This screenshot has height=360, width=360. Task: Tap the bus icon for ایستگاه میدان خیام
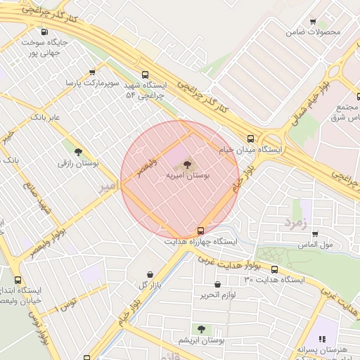pyautogui.click(x=251, y=139)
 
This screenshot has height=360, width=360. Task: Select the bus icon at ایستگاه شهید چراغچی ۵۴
pyautogui.click(x=145, y=75)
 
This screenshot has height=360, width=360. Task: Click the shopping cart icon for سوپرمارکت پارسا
pyautogui.click(x=93, y=72)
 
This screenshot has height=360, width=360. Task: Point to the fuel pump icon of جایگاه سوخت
pyautogui.click(x=45, y=32)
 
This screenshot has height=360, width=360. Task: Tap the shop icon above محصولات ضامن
pyautogui.click(x=313, y=22)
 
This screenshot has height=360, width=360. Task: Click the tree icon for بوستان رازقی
pyautogui.click(x=77, y=152)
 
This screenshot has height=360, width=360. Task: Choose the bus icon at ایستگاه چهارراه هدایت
pyautogui.click(x=201, y=230)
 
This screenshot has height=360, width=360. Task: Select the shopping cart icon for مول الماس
pyautogui.click(x=314, y=233)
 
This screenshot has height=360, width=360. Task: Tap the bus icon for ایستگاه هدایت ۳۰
pyautogui.click(x=274, y=269)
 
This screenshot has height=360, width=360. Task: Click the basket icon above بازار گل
pyautogui.click(x=150, y=274)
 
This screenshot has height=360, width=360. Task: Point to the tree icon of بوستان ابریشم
pyautogui.click(x=202, y=328)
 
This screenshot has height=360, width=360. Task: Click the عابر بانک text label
pyautogui.click(x=45, y=117)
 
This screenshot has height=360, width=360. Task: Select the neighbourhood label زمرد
pyautogui.click(x=296, y=222)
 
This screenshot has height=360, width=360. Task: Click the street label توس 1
pyautogui.click(x=68, y=304)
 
